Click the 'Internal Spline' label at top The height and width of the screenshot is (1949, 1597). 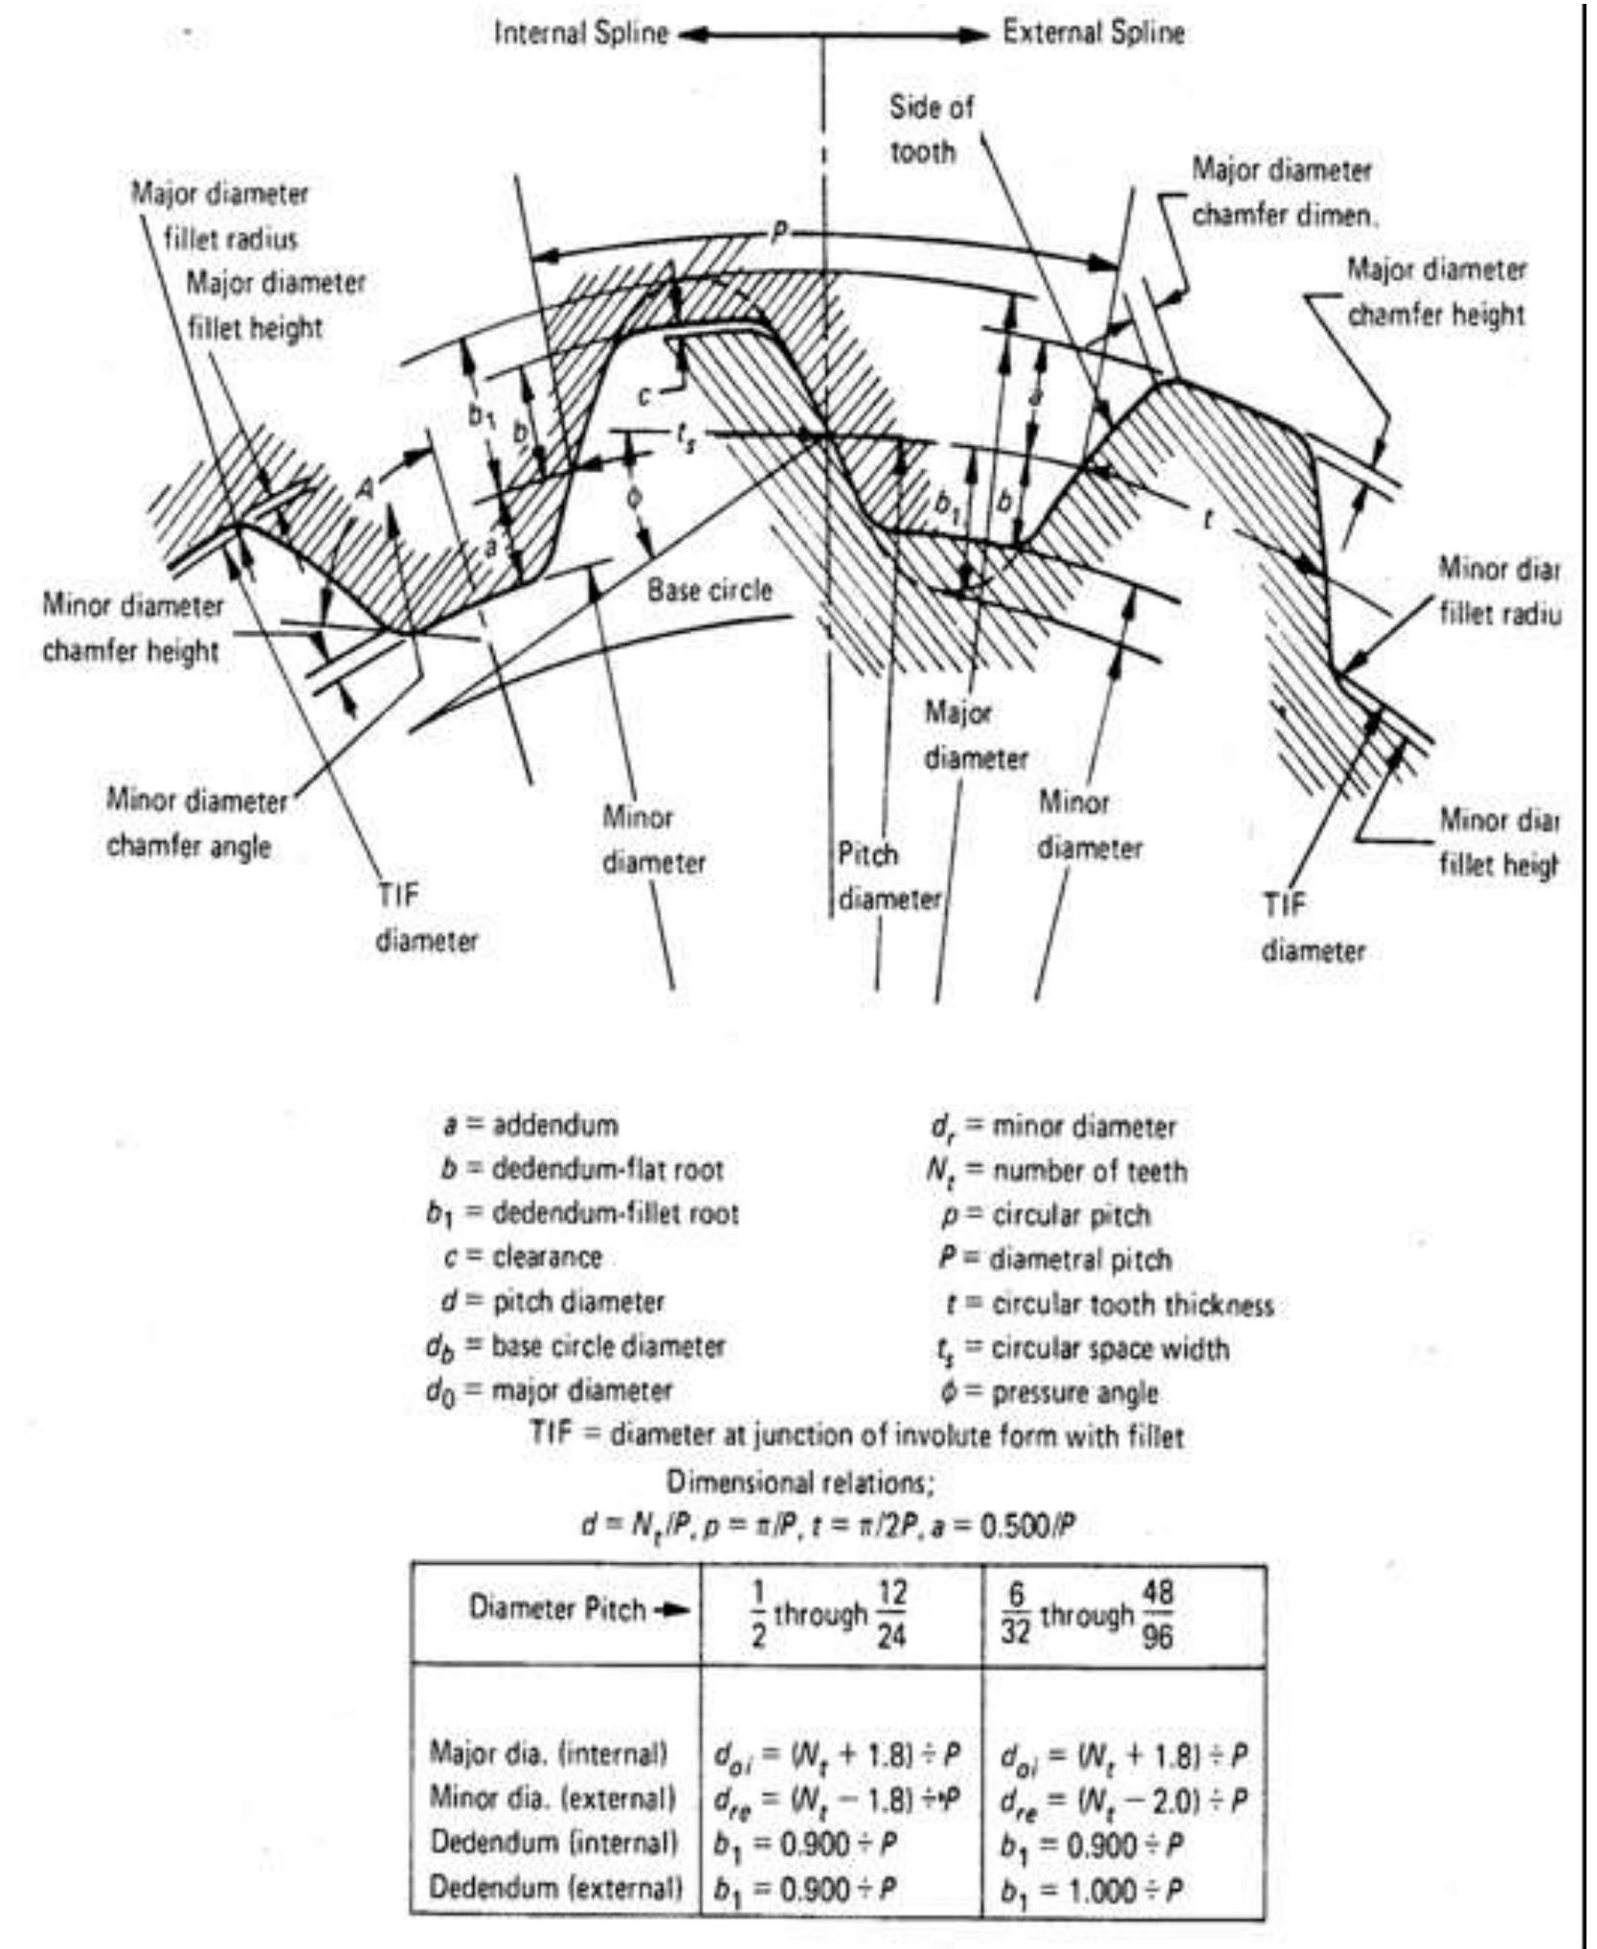click(x=581, y=34)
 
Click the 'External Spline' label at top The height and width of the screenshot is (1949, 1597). click(x=1093, y=34)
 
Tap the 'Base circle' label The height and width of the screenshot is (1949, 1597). click(x=709, y=590)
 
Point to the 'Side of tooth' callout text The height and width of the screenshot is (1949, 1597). click(x=929, y=129)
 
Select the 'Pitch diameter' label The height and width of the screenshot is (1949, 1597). click(x=888, y=877)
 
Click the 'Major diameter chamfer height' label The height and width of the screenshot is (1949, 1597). click(x=1436, y=291)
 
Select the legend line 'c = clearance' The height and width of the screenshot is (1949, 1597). click(x=524, y=1257)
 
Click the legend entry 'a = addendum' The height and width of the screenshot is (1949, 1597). click(x=531, y=1125)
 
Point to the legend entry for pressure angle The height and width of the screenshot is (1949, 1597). click(x=1049, y=1393)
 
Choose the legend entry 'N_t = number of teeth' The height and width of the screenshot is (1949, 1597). click(x=1057, y=1171)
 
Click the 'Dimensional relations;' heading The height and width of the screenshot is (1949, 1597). click(x=799, y=1483)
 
